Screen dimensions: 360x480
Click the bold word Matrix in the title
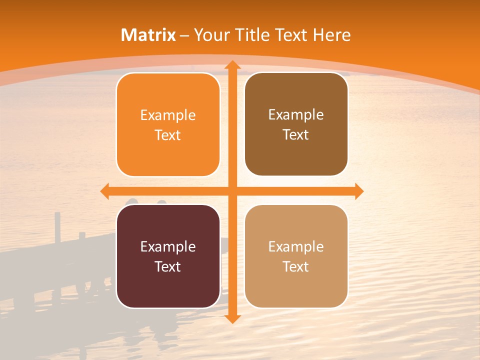click(x=148, y=35)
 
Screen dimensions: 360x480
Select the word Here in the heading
click(x=331, y=35)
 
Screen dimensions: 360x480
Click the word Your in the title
click(x=210, y=35)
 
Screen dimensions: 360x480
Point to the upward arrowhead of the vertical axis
click(x=232, y=65)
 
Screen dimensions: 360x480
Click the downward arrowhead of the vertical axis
click(x=232, y=318)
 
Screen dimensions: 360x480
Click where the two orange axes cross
click(x=232, y=191)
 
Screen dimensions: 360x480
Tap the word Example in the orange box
click(x=168, y=115)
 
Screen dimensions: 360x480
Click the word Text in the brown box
click(x=296, y=134)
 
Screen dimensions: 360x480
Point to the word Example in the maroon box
click(x=168, y=246)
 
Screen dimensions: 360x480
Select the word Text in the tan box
click(x=296, y=266)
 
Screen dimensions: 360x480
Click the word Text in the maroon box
click(x=168, y=266)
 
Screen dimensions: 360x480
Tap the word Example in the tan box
click(x=296, y=246)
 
